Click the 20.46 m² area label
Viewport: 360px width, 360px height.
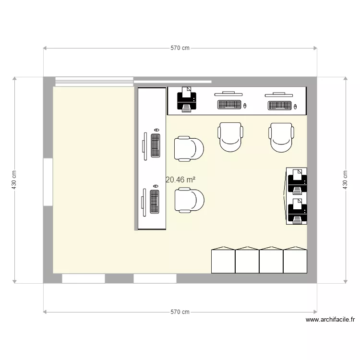pos(180,180)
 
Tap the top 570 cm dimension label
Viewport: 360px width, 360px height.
pos(180,48)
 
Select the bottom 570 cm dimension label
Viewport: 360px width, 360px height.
pos(180,312)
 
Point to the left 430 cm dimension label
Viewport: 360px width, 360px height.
pos(14,180)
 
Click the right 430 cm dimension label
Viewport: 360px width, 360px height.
pos(345,180)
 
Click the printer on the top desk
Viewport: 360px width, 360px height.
pos(187,99)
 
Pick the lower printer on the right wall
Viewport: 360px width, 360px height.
pos(297,210)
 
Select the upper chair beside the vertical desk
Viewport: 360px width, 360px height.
pos(189,148)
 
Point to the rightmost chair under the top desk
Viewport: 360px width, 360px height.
pos(281,137)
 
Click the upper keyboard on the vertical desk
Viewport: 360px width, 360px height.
pos(156,145)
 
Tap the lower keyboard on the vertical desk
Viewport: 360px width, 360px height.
pos(155,202)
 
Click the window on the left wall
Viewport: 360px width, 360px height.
pos(48,182)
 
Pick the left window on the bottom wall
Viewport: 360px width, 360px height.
pos(84,278)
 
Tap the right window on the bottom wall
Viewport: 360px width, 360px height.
pos(155,278)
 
